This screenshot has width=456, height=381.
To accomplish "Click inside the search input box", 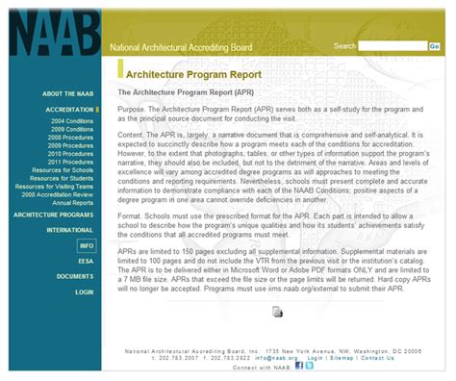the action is [x=392, y=45].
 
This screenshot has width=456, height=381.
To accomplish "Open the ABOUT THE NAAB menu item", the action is [x=66, y=94].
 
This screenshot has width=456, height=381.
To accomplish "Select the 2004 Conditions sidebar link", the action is [x=72, y=122].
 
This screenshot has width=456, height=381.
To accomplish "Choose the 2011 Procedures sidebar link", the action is [x=72, y=162].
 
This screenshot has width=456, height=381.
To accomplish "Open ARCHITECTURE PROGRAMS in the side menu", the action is [x=53, y=215].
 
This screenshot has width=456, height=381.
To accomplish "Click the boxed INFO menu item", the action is [x=86, y=246].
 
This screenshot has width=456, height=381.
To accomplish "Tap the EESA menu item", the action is [x=86, y=261].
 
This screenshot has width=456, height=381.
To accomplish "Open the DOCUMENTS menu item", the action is [x=74, y=276].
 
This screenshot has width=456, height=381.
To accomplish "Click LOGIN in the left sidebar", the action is [x=85, y=292].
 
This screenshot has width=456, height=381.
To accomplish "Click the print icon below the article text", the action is [x=277, y=311].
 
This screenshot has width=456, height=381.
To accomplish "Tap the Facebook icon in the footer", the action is [x=299, y=366].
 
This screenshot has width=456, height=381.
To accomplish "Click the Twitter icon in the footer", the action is [x=310, y=366].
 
